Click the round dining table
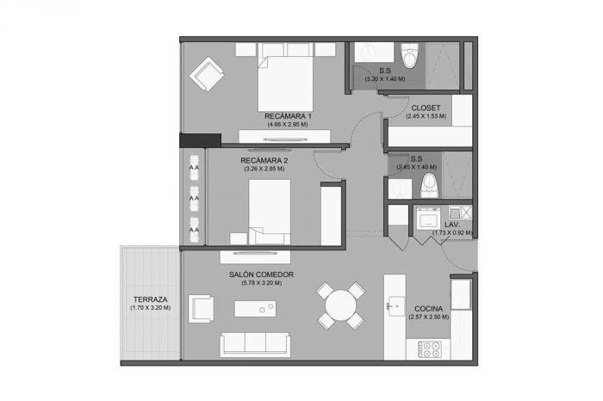340,305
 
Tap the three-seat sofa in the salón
255,344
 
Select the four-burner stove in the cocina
429,349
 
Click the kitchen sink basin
395,306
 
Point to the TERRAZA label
151,299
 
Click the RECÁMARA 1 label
288,116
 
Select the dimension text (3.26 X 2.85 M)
264,169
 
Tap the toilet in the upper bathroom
409,56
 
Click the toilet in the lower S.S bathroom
430,185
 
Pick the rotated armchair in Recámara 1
207,74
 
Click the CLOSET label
426,108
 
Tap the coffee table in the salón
255,309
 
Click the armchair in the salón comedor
201,309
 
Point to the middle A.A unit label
194,198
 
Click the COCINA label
428,309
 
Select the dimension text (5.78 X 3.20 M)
262,283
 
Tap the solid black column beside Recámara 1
200,140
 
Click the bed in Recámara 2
269,212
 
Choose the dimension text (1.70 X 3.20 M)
151,308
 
